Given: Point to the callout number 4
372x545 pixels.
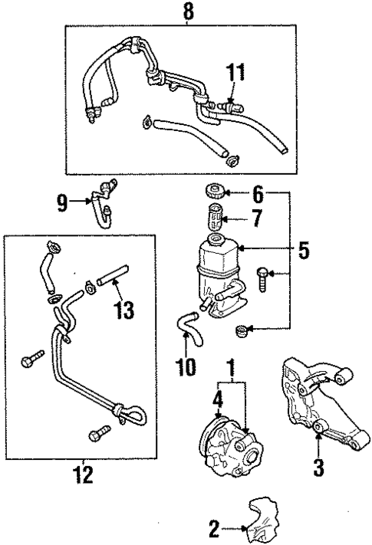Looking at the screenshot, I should pyautogui.click(x=217, y=398).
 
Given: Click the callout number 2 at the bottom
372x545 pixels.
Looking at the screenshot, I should pyautogui.click(x=214, y=527).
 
